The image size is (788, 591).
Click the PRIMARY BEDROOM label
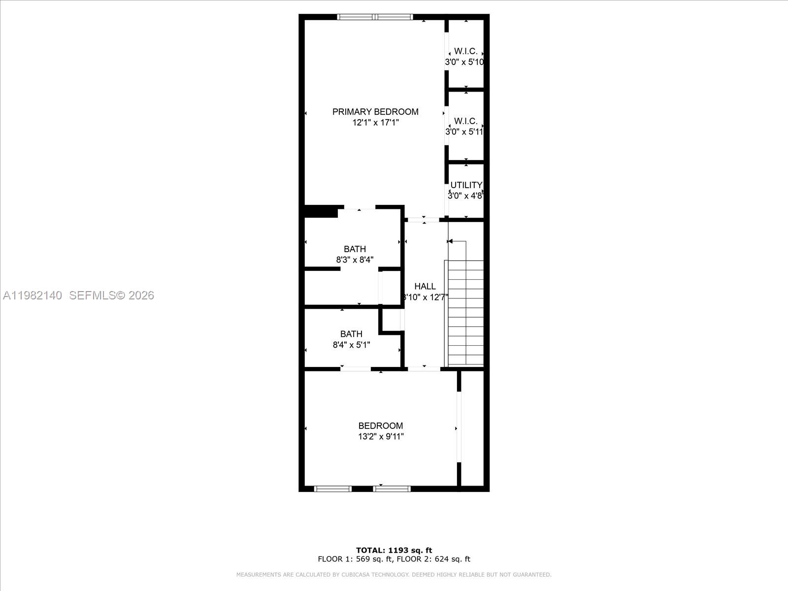[375, 112]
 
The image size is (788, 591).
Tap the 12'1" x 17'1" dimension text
[375, 123]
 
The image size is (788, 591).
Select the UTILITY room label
[466, 185]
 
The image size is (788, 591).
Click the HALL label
[425, 286]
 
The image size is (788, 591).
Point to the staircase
[465, 313]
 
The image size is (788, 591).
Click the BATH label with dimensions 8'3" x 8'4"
[355, 249]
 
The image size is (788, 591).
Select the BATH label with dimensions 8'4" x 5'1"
[351, 334]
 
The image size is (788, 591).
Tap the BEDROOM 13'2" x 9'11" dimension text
[381, 436]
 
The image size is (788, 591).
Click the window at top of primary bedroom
[375, 17]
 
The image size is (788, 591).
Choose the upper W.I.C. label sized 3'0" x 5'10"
[465, 51]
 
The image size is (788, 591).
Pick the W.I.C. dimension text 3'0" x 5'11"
[464, 132]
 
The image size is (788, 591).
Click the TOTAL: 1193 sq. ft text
[394, 550]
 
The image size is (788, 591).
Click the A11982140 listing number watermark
[33, 295]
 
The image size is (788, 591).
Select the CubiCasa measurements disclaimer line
[394, 575]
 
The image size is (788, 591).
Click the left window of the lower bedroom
[332, 489]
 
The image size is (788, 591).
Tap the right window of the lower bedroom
[392, 489]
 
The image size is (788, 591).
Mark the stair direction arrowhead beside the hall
[450, 241]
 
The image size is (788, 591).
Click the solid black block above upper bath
[321, 211]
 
